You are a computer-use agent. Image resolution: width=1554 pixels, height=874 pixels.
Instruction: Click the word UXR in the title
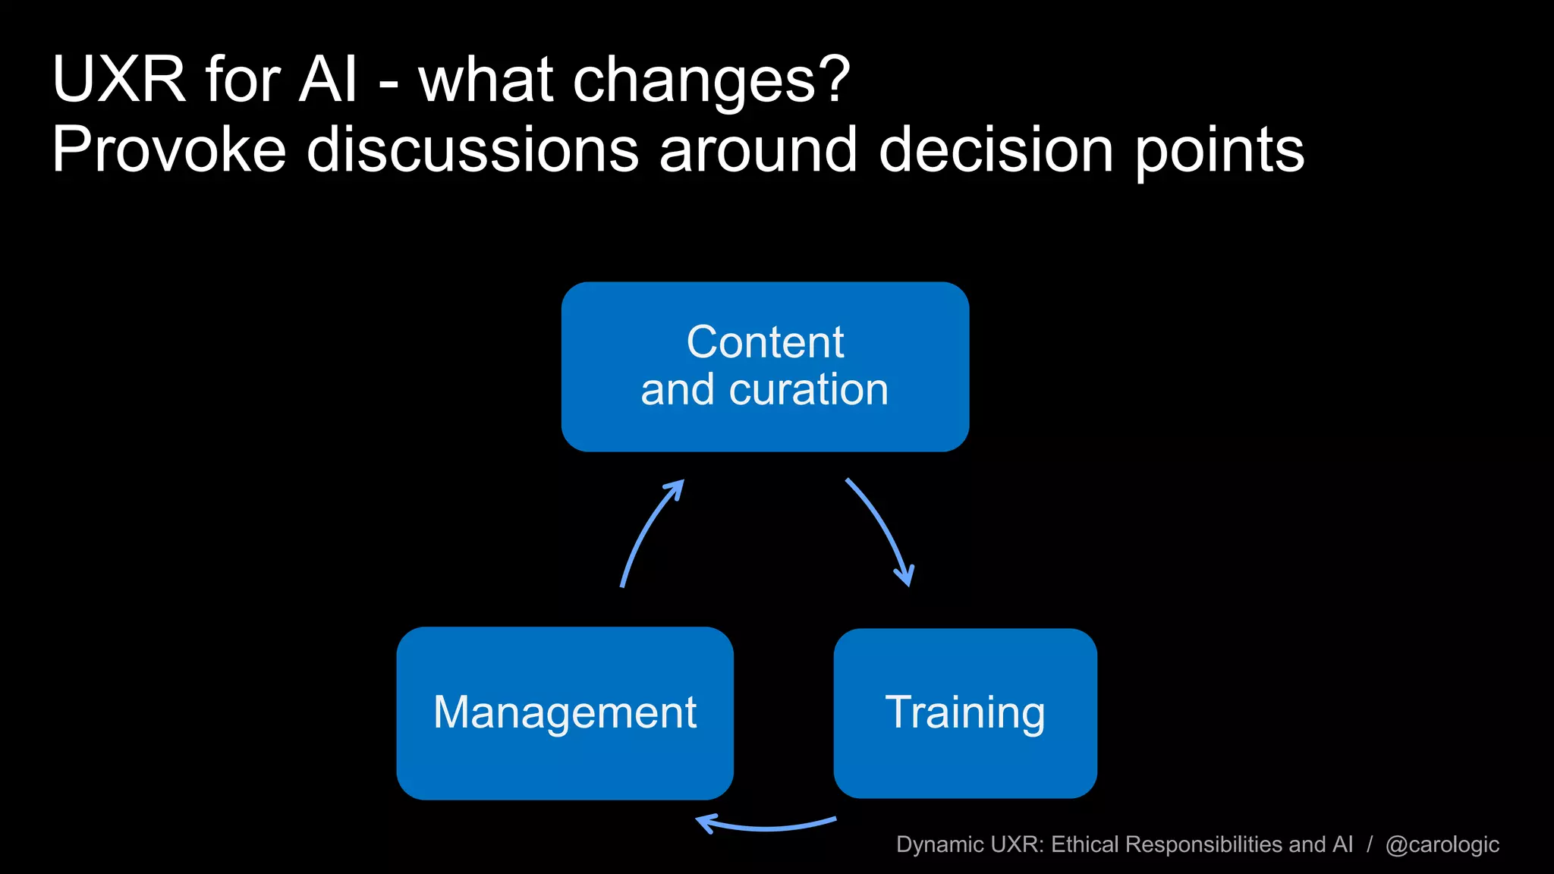click(119, 80)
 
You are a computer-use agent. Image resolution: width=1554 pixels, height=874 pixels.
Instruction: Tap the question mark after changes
click(835, 80)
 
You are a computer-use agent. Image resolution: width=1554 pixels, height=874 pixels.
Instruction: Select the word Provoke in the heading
click(168, 150)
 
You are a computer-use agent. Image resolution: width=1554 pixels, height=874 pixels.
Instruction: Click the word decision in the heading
click(996, 150)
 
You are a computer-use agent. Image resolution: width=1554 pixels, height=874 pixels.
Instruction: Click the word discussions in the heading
click(472, 150)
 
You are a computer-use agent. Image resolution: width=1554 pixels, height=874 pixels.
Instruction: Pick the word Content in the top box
click(765, 341)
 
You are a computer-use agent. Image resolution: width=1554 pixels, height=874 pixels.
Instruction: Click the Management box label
click(565, 712)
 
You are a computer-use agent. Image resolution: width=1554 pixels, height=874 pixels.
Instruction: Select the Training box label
click(965, 712)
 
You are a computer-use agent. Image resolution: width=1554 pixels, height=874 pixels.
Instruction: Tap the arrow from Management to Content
click(647, 530)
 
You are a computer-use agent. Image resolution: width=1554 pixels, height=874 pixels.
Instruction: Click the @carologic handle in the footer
click(1442, 844)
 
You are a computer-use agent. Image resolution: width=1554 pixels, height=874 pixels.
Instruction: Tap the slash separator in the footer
click(1370, 844)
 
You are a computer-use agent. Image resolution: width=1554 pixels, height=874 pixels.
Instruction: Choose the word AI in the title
click(327, 80)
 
